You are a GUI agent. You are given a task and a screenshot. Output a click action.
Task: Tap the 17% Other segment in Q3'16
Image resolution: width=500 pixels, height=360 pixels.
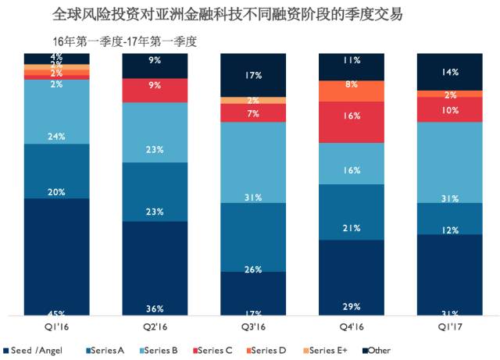coord(253,75)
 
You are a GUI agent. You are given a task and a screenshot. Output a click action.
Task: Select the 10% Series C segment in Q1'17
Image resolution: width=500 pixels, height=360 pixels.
coord(449,109)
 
